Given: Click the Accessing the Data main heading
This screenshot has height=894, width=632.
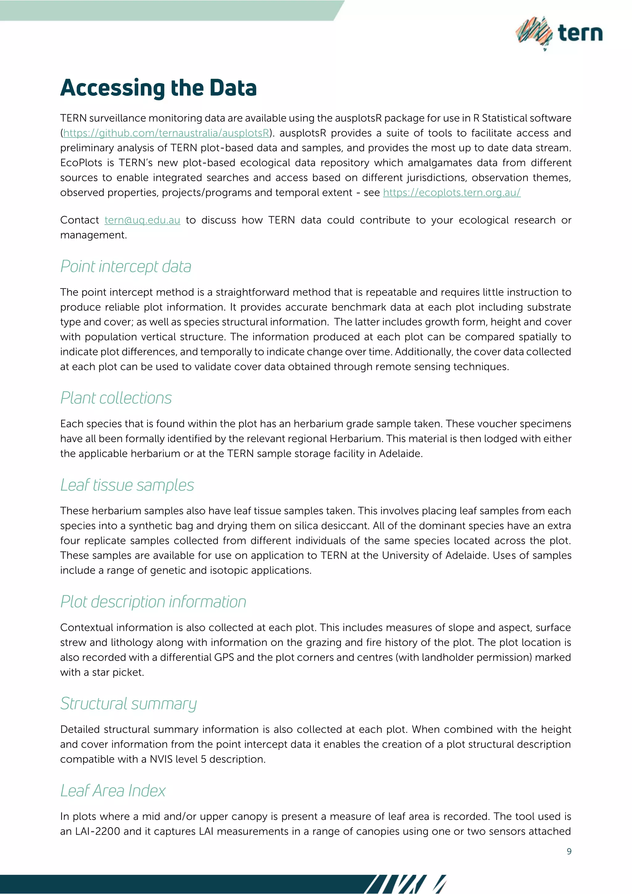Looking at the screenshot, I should (x=158, y=88).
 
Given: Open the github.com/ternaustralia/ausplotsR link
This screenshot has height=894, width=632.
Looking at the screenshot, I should (x=166, y=133).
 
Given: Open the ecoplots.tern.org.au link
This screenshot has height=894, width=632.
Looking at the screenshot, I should (x=451, y=193).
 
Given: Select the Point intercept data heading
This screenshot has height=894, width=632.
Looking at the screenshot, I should (x=126, y=267).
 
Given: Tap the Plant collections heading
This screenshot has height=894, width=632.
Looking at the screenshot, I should (x=116, y=398).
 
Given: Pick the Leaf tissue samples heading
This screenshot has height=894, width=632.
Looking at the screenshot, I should (x=127, y=485).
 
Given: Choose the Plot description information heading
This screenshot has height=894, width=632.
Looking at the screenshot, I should (x=153, y=602).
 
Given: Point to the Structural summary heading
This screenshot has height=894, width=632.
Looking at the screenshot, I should (x=128, y=704).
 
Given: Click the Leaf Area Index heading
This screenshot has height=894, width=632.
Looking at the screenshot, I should (x=113, y=791).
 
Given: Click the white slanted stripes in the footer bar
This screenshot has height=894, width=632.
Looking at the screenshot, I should (x=405, y=884).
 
